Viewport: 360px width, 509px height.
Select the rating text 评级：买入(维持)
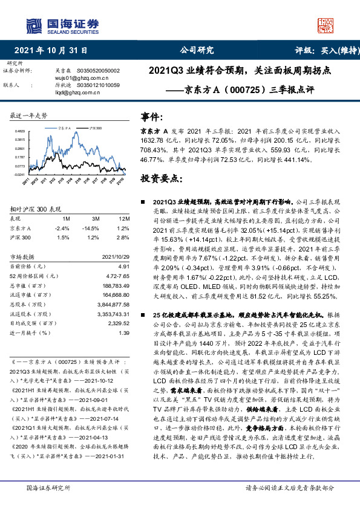(319, 50)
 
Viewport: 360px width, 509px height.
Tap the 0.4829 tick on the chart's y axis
(19, 131)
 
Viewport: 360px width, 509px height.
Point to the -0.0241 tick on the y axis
(19, 174)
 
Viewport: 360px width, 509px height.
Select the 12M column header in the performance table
(124, 218)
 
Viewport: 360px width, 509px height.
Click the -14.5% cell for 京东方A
(94, 228)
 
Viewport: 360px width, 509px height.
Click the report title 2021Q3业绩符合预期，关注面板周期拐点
(240, 70)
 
